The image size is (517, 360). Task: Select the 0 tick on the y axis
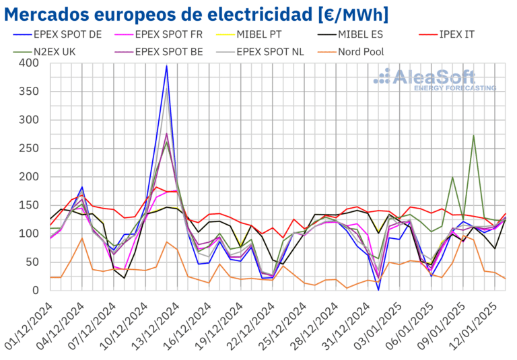(38, 291)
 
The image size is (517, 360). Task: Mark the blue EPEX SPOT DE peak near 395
(166, 65)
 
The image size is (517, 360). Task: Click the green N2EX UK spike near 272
(474, 135)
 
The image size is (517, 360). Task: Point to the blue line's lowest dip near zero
(378, 289)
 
